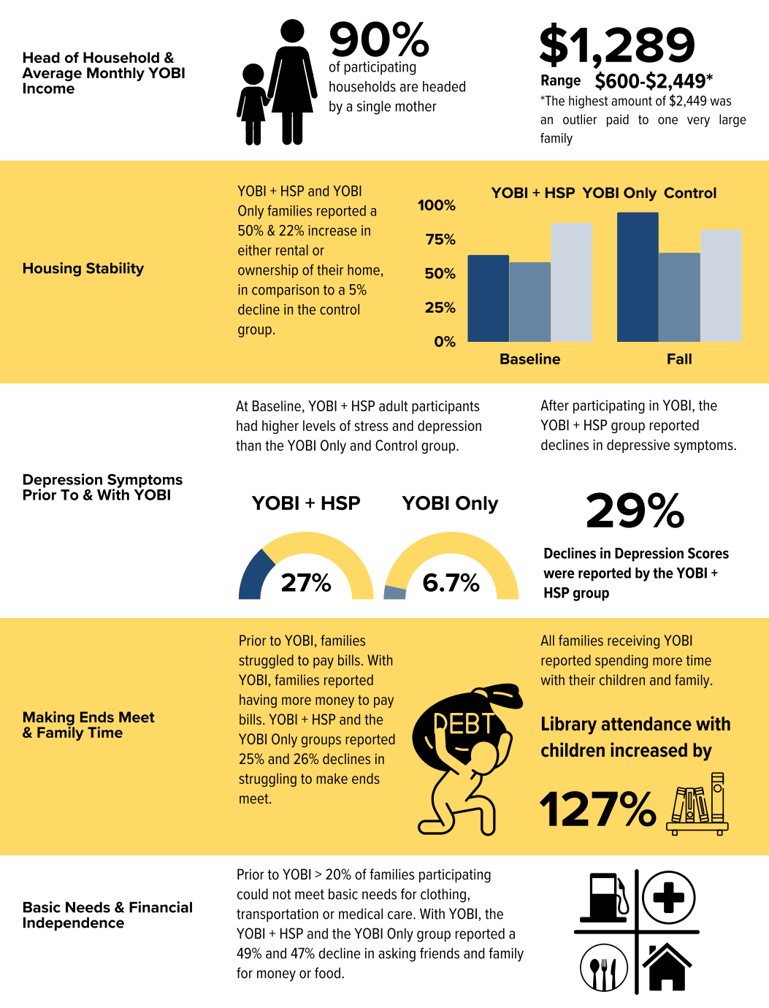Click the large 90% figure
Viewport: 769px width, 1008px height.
point(379,40)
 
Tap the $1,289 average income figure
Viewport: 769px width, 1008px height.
point(616,45)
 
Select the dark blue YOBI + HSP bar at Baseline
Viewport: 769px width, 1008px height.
point(488,298)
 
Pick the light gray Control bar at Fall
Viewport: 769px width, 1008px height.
point(721,286)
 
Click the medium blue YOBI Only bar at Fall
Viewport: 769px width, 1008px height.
point(679,297)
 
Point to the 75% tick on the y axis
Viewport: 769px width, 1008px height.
point(440,240)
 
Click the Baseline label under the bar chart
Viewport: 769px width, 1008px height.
point(529,359)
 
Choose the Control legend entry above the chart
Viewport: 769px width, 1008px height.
point(690,193)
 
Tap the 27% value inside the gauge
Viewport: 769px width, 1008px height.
point(306,583)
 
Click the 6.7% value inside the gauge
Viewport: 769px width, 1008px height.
point(451,583)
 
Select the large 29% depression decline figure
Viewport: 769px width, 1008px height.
point(635,510)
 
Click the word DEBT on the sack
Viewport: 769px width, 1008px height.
point(464,724)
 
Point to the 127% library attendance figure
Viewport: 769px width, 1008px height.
point(598,809)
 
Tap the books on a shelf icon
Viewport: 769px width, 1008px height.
point(697,803)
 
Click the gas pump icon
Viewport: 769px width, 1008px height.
point(604,898)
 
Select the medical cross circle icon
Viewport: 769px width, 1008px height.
point(668,897)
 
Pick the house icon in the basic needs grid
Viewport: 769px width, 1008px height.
point(667,968)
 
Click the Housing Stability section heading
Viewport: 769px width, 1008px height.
point(83,269)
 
